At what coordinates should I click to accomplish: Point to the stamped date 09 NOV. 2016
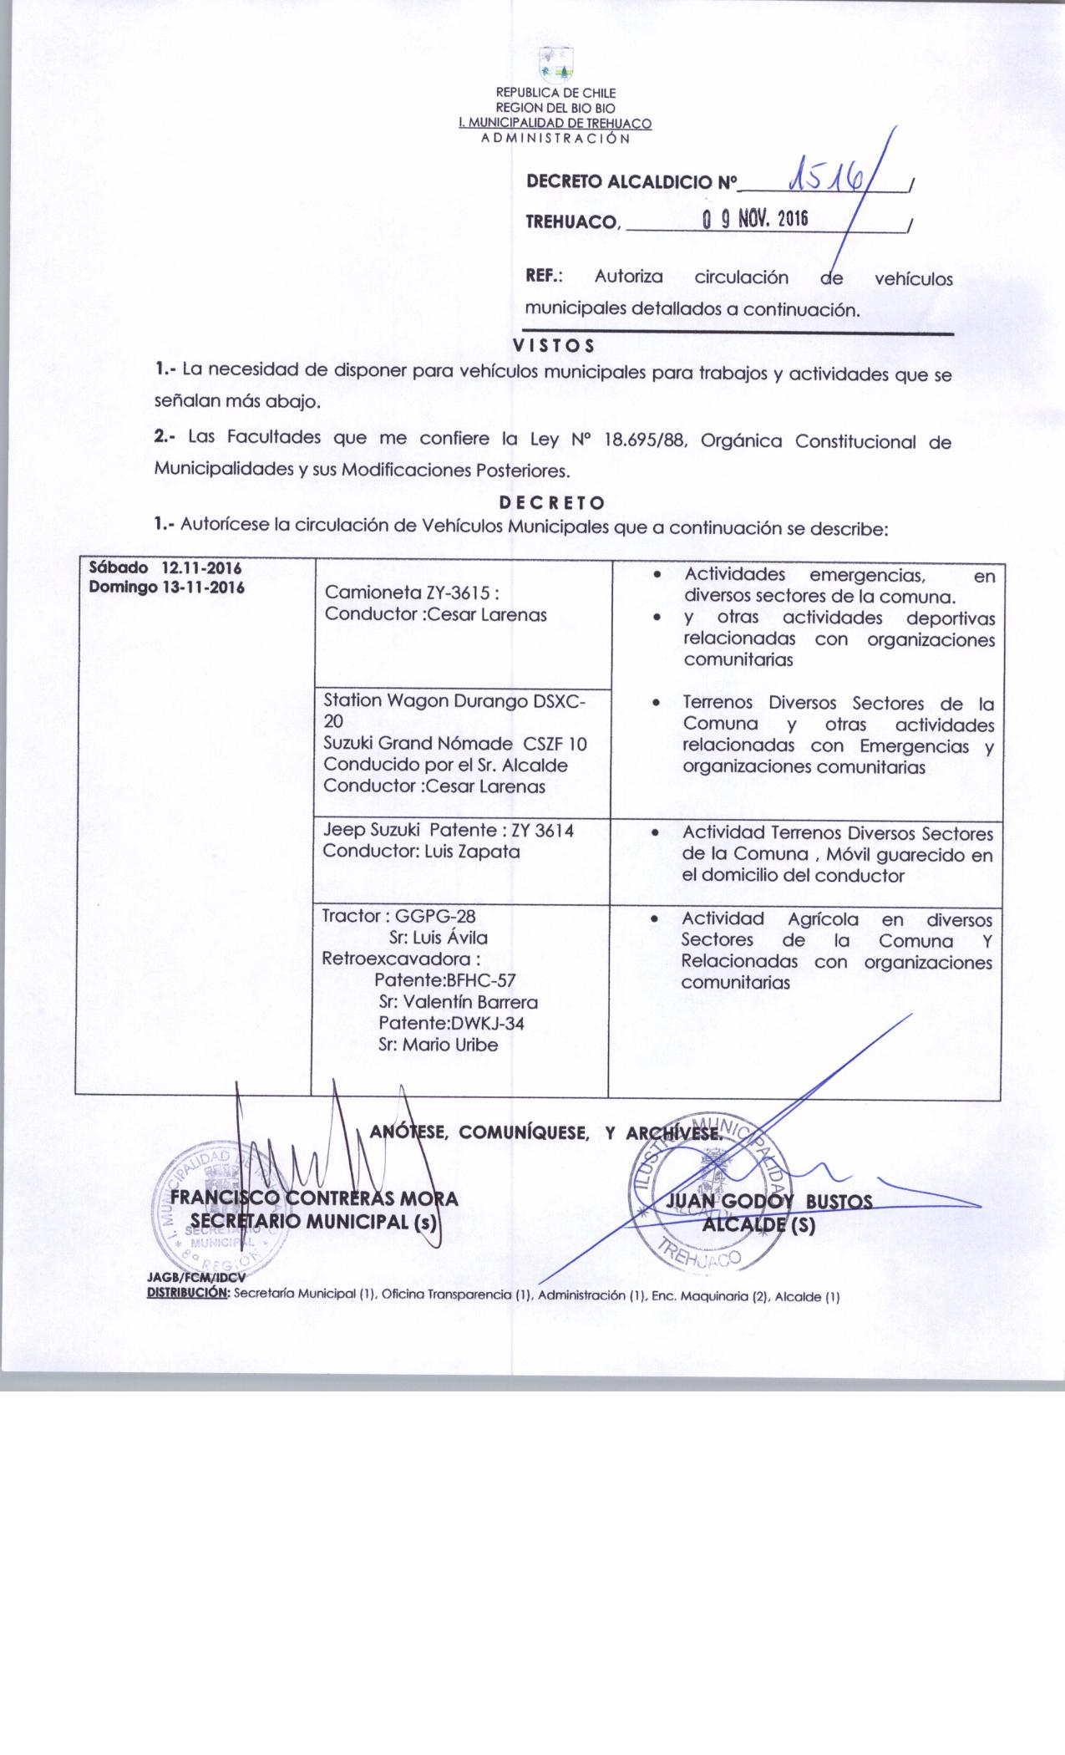(x=755, y=221)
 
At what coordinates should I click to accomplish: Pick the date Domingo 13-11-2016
(x=166, y=587)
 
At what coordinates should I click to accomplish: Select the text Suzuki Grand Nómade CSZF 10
(x=455, y=743)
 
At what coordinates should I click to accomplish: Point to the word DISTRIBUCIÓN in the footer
(x=188, y=1298)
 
